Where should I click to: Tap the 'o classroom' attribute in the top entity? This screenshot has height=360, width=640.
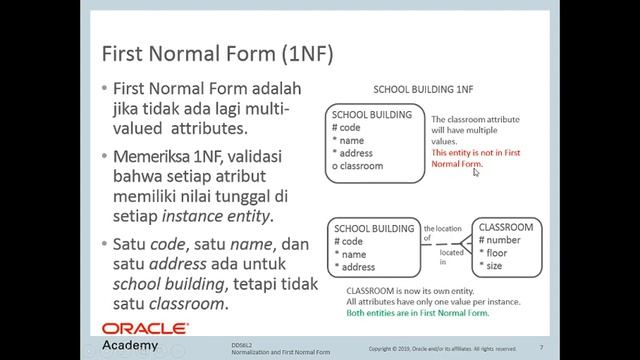pos(357,166)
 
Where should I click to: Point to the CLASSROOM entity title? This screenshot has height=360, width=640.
pos(505,228)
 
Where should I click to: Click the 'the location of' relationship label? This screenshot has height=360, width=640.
pos(441,233)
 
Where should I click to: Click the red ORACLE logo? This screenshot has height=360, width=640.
pos(144,329)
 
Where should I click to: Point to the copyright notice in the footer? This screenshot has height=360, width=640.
pos(442,349)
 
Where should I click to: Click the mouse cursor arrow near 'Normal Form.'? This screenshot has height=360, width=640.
pos(477,172)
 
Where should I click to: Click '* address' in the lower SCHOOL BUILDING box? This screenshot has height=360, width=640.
pos(355,267)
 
